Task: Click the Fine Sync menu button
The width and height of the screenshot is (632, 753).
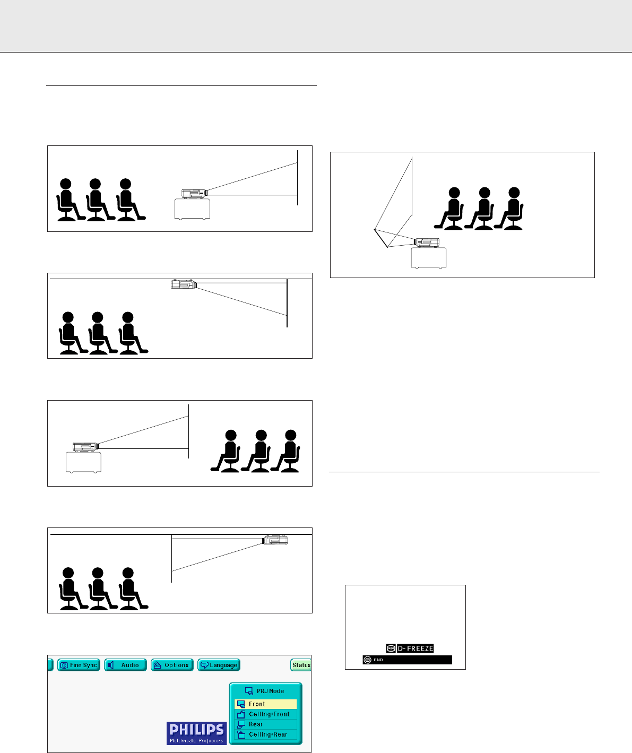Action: click(x=79, y=665)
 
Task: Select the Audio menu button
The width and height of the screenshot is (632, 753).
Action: click(x=125, y=665)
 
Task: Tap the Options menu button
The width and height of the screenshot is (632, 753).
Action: click(x=171, y=665)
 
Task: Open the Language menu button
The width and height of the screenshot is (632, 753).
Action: click(x=219, y=665)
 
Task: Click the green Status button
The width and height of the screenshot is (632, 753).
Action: click(x=301, y=665)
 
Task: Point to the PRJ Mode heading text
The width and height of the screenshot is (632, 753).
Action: click(x=270, y=691)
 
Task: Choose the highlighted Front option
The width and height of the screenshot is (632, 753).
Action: click(x=265, y=704)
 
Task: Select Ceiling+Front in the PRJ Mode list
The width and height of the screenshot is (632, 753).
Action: click(x=269, y=714)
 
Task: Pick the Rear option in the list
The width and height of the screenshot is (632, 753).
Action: click(x=256, y=724)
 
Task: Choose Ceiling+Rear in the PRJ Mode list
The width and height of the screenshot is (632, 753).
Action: click(x=268, y=734)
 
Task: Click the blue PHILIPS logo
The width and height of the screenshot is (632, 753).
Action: click(x=196, y=733)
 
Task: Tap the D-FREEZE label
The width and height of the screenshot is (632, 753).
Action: click(x=415, y=648)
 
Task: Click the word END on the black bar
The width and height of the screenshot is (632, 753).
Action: click(x=378, y=660)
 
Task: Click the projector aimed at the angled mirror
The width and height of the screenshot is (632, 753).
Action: click(x=427, y=243)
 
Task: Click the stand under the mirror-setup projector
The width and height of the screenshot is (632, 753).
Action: click(x=428, y=258)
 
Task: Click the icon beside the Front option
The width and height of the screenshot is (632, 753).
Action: click(x=240, y=704)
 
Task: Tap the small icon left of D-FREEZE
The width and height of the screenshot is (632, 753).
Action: click(x=391, y=648)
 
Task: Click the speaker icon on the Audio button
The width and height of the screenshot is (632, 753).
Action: click(x=111, y=665)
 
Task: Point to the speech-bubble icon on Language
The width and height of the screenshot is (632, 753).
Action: click(x=204, y=665)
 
